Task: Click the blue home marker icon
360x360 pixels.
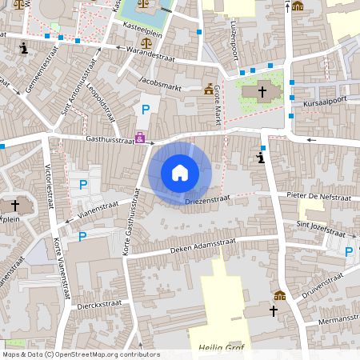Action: point(180,172)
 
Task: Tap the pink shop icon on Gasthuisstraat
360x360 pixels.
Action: point(141,138)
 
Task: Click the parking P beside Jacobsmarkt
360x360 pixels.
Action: point(146,110)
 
